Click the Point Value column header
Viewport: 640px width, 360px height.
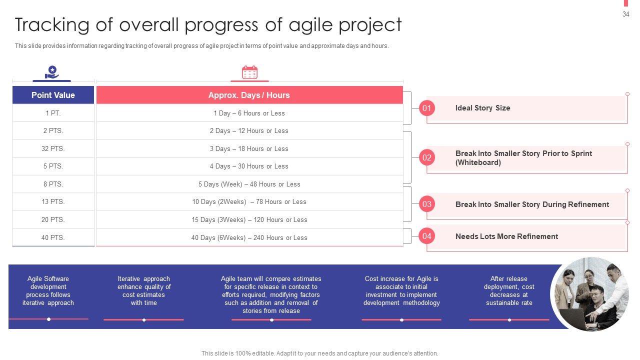(x=53, y=95)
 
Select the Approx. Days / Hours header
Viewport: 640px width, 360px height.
(x=249, y=95)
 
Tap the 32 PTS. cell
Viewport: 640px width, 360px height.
(x=53, y=148)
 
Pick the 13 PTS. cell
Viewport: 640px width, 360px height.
(x=53, y=201)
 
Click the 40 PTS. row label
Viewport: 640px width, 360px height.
(x=53, y=237)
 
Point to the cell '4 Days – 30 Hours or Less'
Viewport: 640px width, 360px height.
(x=249, y=166)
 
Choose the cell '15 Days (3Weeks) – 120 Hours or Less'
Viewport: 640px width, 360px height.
(x=249, y=219)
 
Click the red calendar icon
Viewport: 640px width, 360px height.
(x=249, y=72)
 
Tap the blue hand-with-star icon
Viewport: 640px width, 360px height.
(x=51, y=72)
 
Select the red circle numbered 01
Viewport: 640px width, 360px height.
(x=427, y=108)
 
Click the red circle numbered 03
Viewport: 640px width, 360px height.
(x=427, y=204)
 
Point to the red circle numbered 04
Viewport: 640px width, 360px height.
(x=427, y=236)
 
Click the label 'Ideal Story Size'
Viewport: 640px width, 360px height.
(x=482, y=108)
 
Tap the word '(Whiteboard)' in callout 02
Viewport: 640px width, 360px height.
(x=478, y=162)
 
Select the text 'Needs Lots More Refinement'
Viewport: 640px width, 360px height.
(x=506, y=236)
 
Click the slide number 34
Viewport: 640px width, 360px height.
(x=625, y=14)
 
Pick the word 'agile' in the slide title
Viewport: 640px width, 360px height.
(x=310, y=25)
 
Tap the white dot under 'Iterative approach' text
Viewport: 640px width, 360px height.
(x=144, y=320)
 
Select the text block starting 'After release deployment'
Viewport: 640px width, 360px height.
(x=509, y=290)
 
